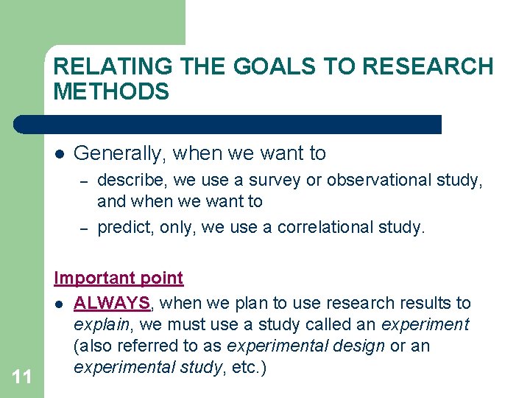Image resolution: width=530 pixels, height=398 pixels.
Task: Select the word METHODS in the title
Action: (111, 92)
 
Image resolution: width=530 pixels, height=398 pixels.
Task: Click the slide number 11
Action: (22, 377)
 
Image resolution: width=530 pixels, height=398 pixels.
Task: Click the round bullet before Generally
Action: (60, 154)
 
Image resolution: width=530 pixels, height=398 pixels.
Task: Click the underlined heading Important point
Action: (119, 278)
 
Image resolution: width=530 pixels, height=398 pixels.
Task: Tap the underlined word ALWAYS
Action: (111, 303)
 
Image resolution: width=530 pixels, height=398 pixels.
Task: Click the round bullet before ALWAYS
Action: (59, 304)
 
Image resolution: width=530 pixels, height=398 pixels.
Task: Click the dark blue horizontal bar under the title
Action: (228, 124)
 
